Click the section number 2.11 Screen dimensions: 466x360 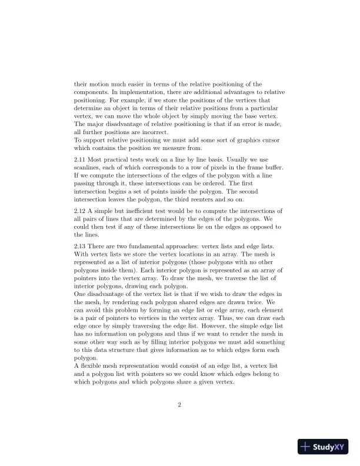[x=79, y=160]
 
